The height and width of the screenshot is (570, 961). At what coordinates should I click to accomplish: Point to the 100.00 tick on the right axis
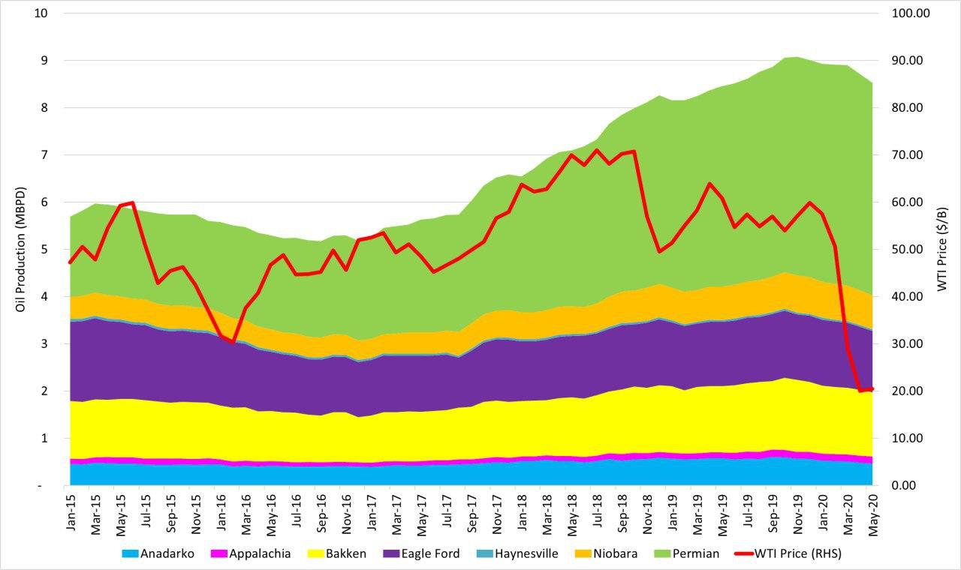pos(909,13)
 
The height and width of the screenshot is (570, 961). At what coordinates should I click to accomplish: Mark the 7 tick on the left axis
pos(47,155)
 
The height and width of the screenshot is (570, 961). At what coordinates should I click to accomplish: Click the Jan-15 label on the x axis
pos(71,514)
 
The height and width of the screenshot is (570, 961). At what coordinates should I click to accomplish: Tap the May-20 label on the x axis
pos(872,514)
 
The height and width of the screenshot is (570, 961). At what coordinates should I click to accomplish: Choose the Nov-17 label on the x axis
pos(496,514)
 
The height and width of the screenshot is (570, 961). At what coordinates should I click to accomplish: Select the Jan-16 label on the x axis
pos(221,514)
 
